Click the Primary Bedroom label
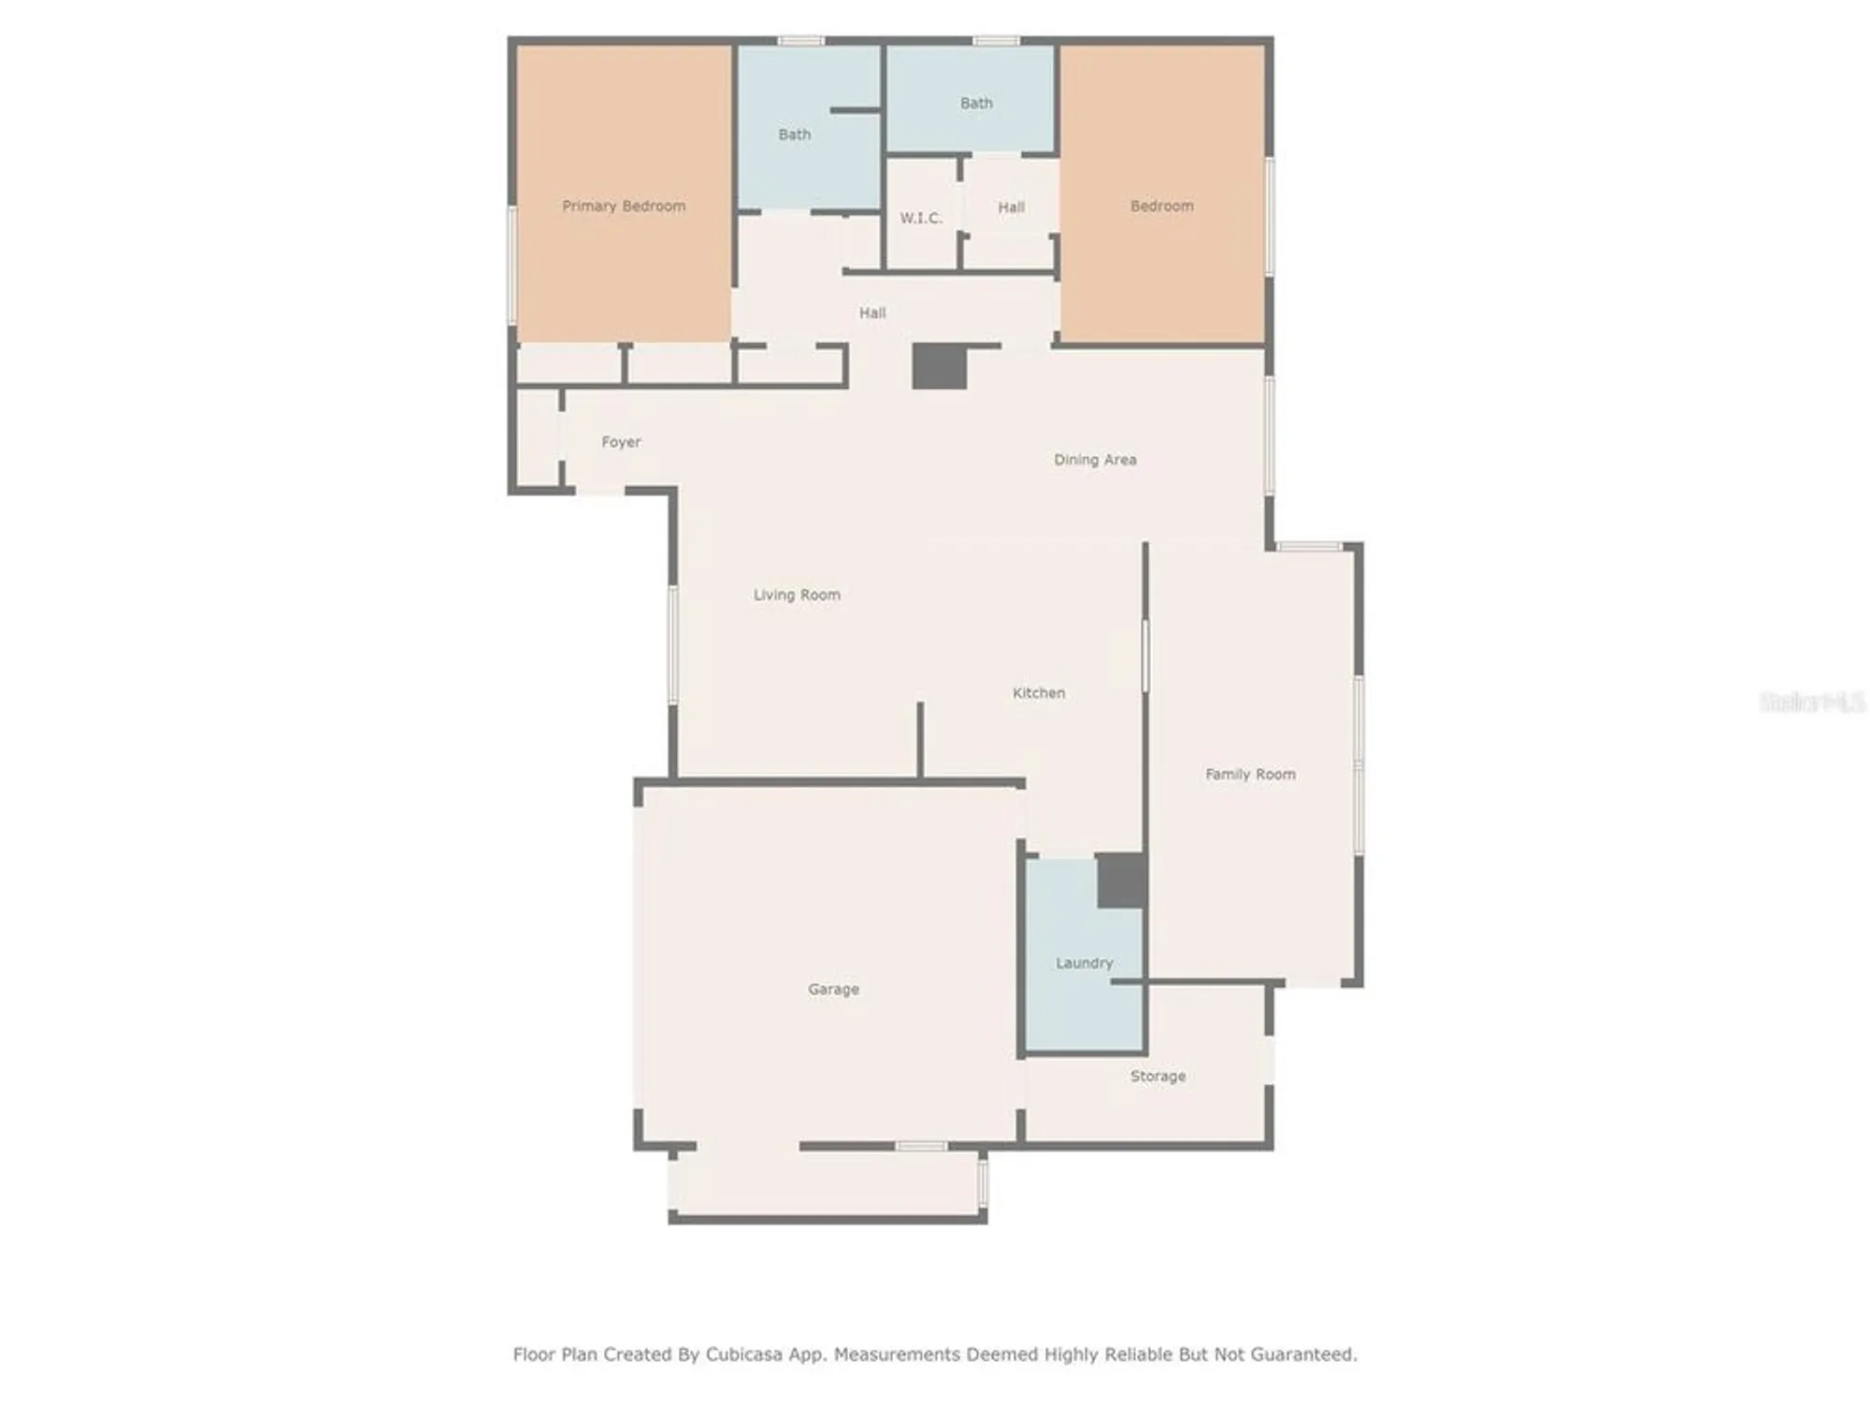(x=624, y=206)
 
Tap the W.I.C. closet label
(x=921, y=218)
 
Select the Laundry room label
(x=1084, y=963)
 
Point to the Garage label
(x=833, y=989)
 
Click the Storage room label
(x=1158, y=1076)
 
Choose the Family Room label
(x=1250, y=774)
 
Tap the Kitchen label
(x=1039, y=693)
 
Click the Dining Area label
(x=1095, y=459)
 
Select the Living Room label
(x=797, y=594)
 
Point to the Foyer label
(x=621, y=442)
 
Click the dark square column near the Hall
(x=939, y=366)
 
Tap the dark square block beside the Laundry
(x=1120, y=880)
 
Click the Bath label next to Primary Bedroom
(x=795, y=135)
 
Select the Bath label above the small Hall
(x=976, y=103)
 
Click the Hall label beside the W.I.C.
(x=1011, y=207)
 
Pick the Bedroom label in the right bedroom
(x=1161, y=206)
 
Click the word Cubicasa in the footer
(x=743, y=1354)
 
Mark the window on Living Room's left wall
(x=672, y=645)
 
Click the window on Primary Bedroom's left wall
(x=511, y=265)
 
